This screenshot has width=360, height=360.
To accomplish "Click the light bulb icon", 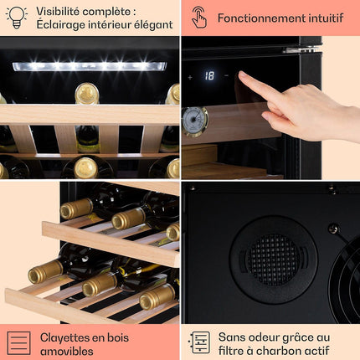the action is coord(17,18).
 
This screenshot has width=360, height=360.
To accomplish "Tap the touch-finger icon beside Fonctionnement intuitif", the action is coord(199,18).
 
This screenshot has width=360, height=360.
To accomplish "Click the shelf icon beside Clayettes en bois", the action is coord(18,343).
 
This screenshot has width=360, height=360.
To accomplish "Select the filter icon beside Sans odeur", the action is coord(199,342).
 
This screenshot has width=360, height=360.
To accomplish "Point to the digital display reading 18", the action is coord(209,75).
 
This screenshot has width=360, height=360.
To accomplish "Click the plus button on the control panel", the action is coord(190,77).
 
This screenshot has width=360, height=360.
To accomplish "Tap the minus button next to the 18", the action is coord(226,75).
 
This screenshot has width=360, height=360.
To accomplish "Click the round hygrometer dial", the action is coord(194,121).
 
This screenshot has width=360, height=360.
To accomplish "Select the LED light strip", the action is coord(90,66).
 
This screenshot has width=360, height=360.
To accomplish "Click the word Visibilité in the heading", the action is coord(58,12).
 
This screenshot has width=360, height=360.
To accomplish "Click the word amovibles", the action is coord(67,351).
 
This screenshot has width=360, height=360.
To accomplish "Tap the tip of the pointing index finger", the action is coord(240,74).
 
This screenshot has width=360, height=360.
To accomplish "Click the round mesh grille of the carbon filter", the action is coord(273,260).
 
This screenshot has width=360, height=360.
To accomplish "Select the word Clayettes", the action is coord(63,338).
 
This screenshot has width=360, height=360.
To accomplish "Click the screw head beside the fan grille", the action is coord(333,229).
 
